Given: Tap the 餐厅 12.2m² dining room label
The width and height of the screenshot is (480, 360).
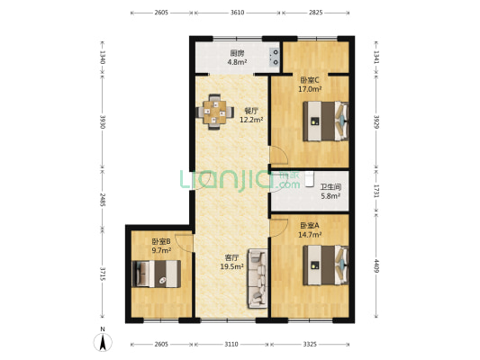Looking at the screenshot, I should [x=252, y=114].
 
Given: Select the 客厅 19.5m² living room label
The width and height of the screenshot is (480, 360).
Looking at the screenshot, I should [x=232, y=261].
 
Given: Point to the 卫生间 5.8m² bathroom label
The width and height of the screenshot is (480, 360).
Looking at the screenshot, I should [x=331, y=191].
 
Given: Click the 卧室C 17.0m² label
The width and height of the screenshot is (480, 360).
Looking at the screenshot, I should [x=310, y=85].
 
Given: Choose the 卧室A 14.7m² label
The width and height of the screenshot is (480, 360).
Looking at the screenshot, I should [x=310, y=229].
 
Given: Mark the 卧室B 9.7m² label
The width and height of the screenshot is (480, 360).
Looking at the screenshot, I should [x=161, y=246].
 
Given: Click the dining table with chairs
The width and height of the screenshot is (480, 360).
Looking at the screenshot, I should [x=215, y=112].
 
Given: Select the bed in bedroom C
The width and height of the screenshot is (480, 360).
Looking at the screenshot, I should [x=326, y=120].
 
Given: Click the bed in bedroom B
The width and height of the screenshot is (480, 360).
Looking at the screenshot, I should [x=157, y=274].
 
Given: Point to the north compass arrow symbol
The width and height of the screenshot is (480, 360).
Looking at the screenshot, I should [x=103, y=339].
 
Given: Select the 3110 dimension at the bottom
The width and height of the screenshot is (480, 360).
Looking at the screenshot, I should [x=231, y=344].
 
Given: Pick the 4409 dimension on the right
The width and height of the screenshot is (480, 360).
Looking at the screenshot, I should [x=376, y=266].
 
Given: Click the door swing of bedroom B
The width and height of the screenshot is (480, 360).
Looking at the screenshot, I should [x=184, y=241].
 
